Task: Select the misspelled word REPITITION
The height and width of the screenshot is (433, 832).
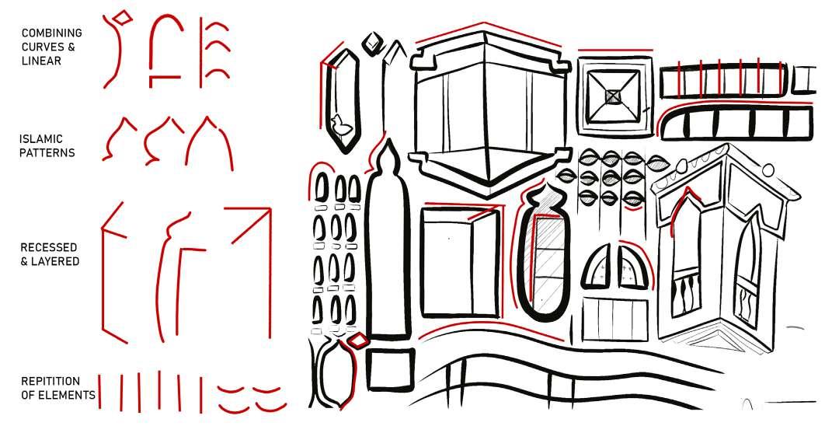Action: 50,382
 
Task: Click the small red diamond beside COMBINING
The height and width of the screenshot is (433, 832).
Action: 121,16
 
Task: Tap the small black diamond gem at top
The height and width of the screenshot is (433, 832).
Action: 374,42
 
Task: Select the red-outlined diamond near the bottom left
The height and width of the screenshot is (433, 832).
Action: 358,340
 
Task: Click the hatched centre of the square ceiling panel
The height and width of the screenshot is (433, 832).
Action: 613,96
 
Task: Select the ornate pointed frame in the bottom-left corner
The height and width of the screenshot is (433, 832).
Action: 334,374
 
